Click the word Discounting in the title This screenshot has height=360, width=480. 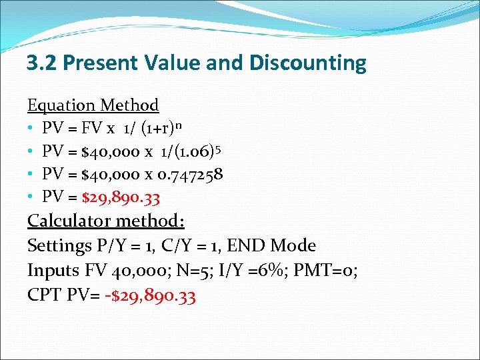point(308,63)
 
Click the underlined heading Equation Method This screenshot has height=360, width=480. point(93,105)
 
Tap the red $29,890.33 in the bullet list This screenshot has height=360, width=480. point(121,197)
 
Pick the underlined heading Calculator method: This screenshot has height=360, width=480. point(106,221)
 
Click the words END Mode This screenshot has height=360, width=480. point(271,246)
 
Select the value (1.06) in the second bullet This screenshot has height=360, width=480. point(191,152)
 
